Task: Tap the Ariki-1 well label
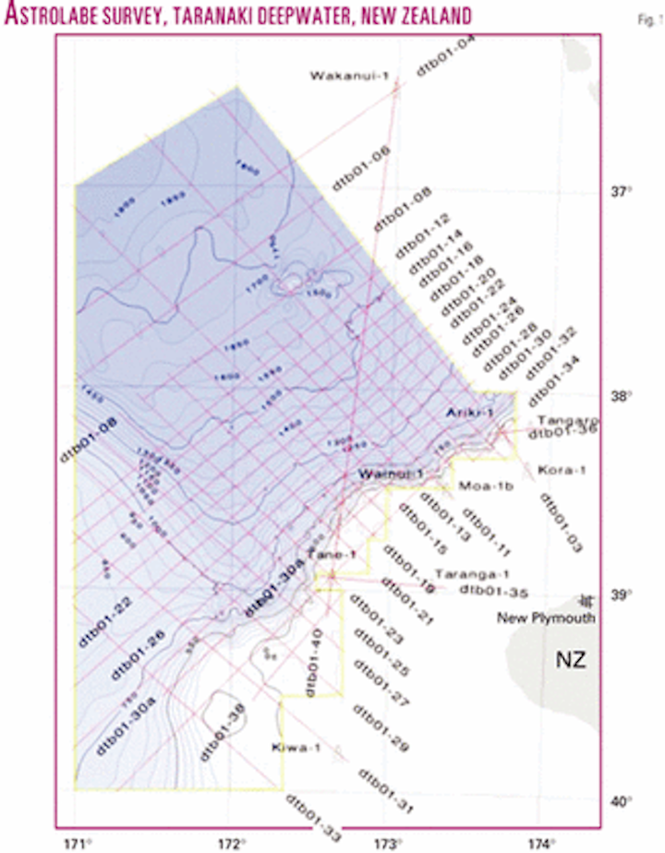point(467,412)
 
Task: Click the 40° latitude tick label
point(616,801)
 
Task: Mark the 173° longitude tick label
point(388,842)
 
